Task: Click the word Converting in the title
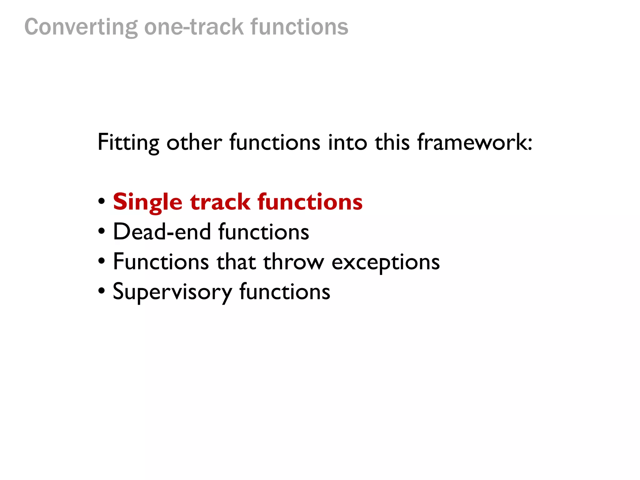point(81,27)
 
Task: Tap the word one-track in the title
point(194,27)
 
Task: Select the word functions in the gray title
point(299,27)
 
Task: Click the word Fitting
point(128,142)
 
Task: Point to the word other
point(194,142)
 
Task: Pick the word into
point(347,142)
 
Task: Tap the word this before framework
point(392,142)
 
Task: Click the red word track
point(220,202)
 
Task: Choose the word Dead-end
point(162,232)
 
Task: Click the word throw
point(293,262)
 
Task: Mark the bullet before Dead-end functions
point(101,232)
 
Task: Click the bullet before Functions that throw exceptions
point(101,261)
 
